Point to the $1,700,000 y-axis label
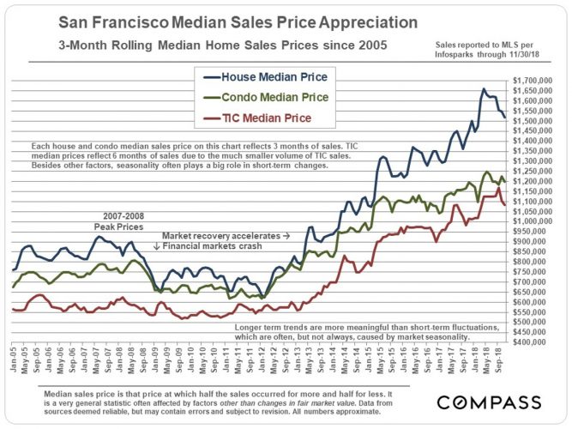coord(535,81)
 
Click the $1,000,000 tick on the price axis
coord(535,221)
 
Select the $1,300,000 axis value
coord(535,161)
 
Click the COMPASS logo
coord(489,402)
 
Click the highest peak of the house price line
coord(485,88)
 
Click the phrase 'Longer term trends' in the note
coord(274,327)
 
